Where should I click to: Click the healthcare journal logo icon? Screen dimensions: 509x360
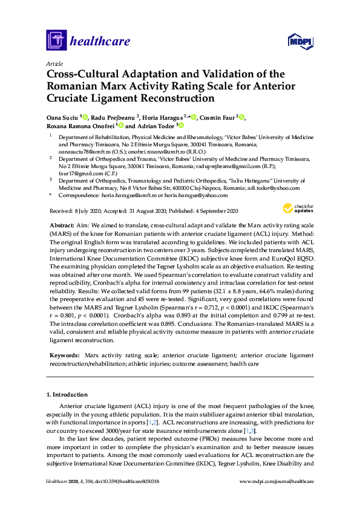pos(56,41)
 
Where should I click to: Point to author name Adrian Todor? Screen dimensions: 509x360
pos(157,126)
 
